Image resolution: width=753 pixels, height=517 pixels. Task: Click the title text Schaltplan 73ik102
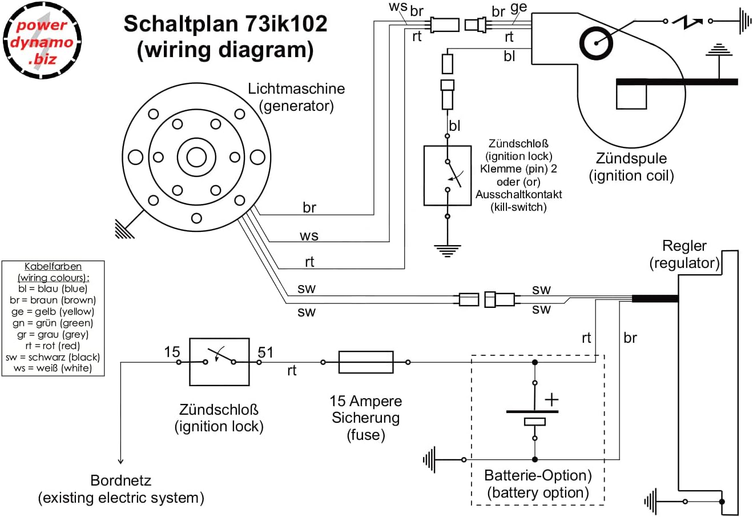click(x=226, y=24)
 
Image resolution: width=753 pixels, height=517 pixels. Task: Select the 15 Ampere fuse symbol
click(x=366, y=362)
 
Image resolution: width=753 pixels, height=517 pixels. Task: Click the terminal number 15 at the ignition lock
click(x=172, y=352)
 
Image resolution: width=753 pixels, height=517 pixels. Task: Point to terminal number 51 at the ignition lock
click(x=265, y=352)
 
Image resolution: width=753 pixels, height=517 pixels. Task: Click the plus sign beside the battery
click(x=551, y=399)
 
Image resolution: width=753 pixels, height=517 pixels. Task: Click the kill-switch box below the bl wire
click(x=448, y=175)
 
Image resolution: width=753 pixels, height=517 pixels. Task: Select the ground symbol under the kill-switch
click(x=448, y=249)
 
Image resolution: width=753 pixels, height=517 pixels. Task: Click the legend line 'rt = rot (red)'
click(x=53, y=346)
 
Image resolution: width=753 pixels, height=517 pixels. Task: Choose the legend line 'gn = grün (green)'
click(x=53, y=323)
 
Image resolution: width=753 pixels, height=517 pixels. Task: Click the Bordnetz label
click(x=121, y=480)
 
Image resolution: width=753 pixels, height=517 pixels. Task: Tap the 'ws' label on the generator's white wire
click(x=309, y=235)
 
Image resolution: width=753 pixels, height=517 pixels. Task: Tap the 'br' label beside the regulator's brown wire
click(x=630, y=338)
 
